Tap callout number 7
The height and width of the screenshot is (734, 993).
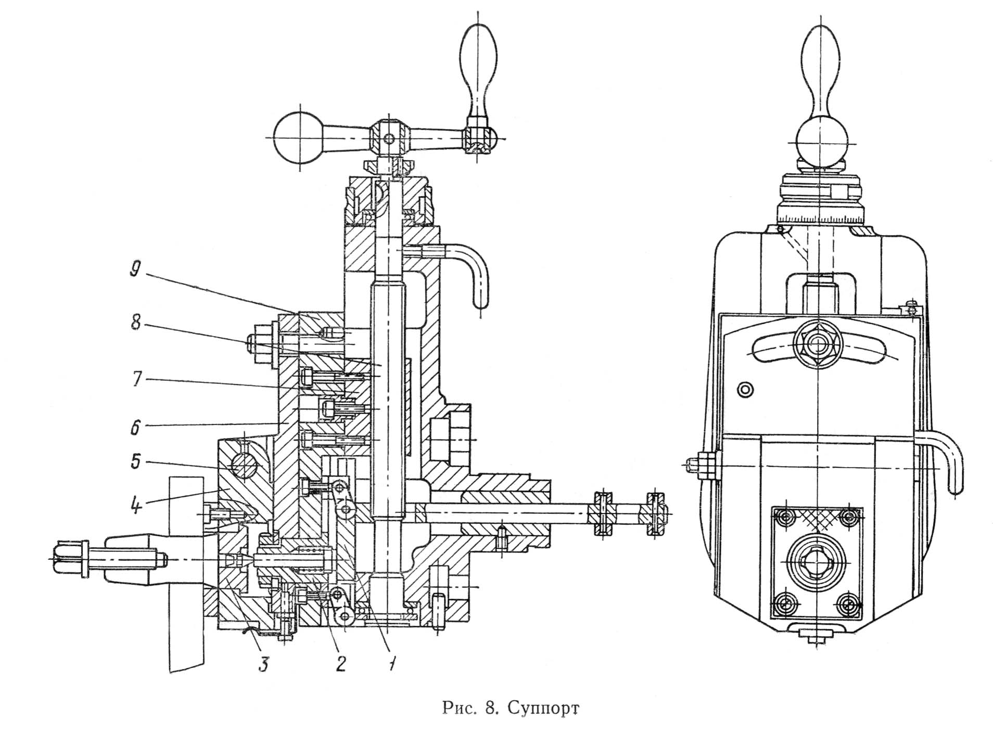coord(137,379)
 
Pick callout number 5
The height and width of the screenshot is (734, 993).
coord(135,461)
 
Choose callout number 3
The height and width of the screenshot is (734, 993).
coord(264,664)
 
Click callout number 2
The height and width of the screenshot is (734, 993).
coord(341,663)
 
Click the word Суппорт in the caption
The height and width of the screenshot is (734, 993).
coord(543,708)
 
